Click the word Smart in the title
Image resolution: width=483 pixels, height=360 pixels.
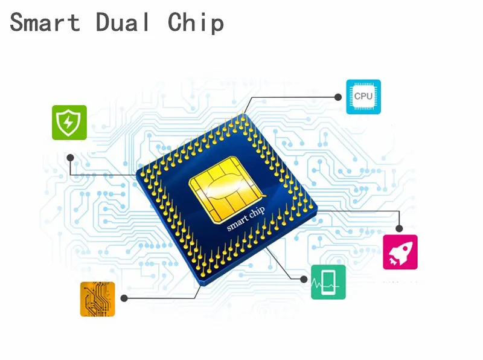tap(45, 22)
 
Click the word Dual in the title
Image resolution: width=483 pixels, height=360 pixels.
tap(123, 22)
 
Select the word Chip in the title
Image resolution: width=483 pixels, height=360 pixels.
tap(196, 24)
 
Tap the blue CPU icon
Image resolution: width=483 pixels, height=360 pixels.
tap(363, 97)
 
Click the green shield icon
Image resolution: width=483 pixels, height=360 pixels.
tap(69, 123)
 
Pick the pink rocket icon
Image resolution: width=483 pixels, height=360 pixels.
tap(400, 252)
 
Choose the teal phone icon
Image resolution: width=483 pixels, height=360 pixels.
tap(328, 282)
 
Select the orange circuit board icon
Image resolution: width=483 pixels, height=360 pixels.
tap(97, 298)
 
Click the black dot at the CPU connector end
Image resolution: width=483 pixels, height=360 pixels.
tap(337, 97)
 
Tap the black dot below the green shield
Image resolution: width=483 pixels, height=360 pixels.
tap(70, 157)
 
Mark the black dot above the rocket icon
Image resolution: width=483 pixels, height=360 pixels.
tap(399, 228)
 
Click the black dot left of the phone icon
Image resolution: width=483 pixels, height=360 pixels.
tap(304, 278)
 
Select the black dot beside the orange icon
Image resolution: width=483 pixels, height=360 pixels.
tap(124, 298)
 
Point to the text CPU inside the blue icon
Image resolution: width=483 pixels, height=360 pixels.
tap(363, 97)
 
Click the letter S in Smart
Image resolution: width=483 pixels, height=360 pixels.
tap(17, 23)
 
